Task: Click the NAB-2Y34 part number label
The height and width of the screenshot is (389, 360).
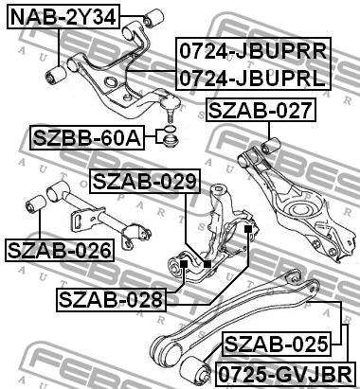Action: (63, 17)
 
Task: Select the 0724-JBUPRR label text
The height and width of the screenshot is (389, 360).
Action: (253, 51)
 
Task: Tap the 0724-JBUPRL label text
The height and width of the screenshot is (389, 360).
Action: (252, 78)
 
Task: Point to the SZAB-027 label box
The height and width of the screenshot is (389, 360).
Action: (261, 110)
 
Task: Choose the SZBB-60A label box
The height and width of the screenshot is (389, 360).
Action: (87, 137)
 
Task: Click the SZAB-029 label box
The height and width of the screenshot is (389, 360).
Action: (145, 181)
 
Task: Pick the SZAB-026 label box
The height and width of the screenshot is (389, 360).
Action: (60, 250)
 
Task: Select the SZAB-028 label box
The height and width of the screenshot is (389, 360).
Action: (111, 299)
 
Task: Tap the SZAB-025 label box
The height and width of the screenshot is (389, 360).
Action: (277, 344)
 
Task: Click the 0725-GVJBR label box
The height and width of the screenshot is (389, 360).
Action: (285, 374)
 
